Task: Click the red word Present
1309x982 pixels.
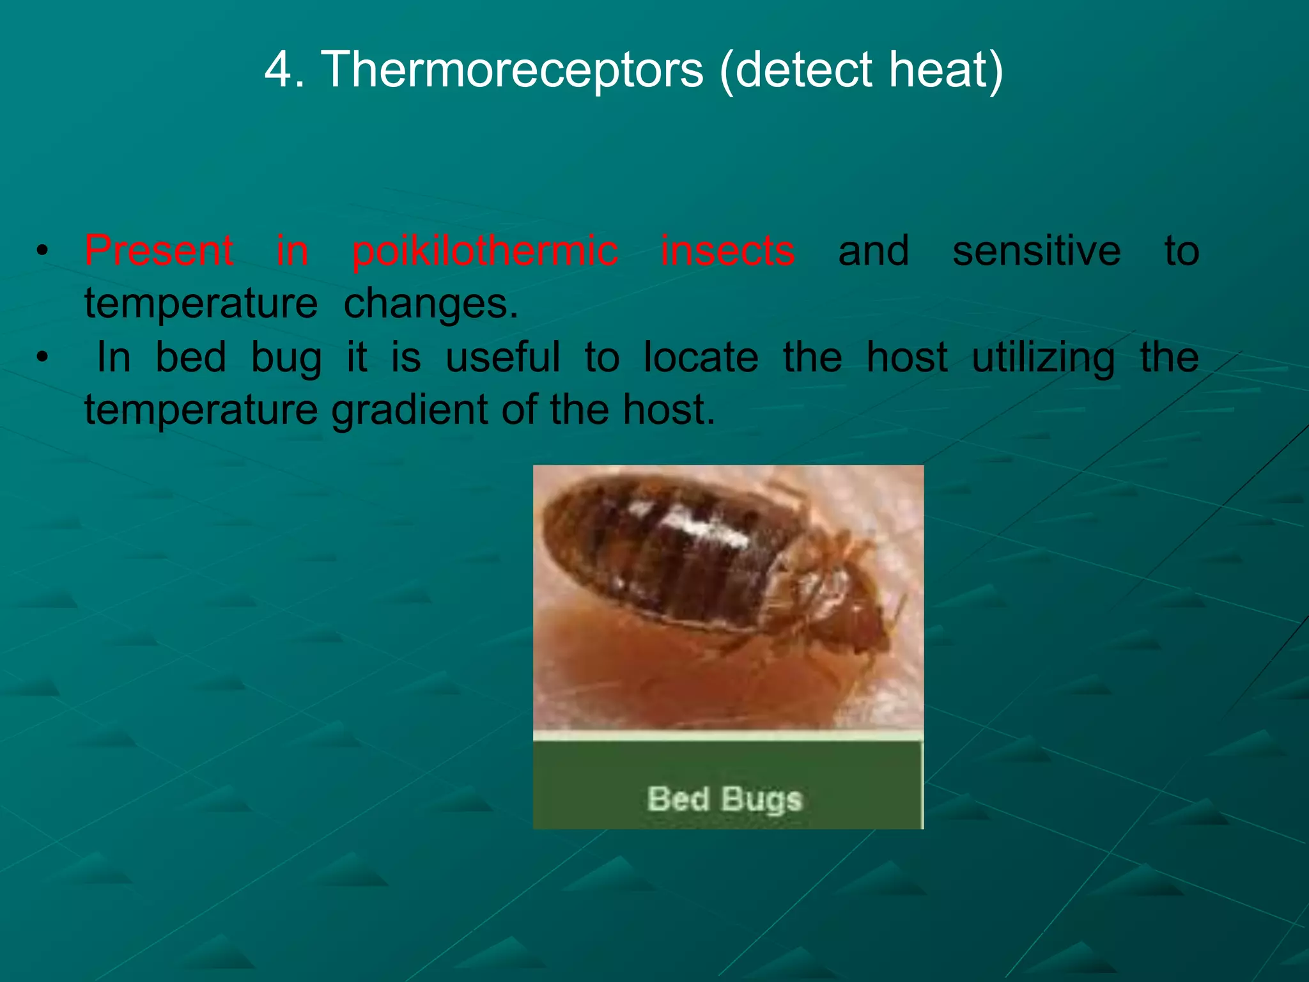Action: [159, 250]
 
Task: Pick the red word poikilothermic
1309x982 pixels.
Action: [484, 250]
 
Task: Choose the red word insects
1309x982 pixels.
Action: [727, 250]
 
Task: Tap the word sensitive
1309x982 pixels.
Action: [1036, 250]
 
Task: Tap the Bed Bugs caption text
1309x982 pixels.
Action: [724, 799]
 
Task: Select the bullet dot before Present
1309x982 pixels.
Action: [42, 251]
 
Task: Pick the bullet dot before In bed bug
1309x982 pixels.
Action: [42, 357]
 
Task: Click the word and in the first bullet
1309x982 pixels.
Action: [873, 250]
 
